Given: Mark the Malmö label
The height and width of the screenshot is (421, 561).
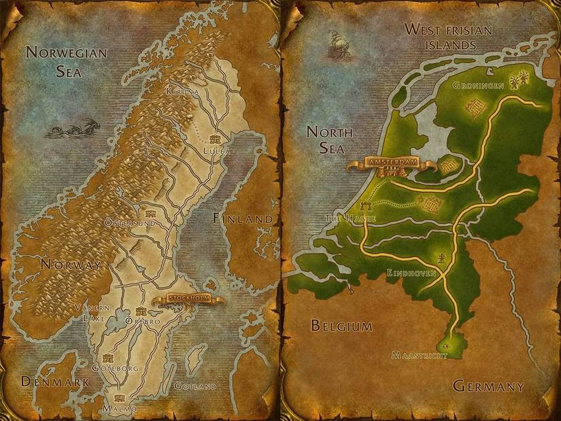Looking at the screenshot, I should [x=119, y=408].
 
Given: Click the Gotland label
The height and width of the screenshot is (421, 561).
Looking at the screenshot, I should [x=195, y=386].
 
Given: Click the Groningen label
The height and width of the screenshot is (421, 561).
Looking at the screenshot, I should [x=477, y=86].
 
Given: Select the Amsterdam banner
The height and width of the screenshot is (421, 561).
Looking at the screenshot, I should [x=389, y=164].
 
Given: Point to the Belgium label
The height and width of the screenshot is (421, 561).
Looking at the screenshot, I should [x=341, y=326].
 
